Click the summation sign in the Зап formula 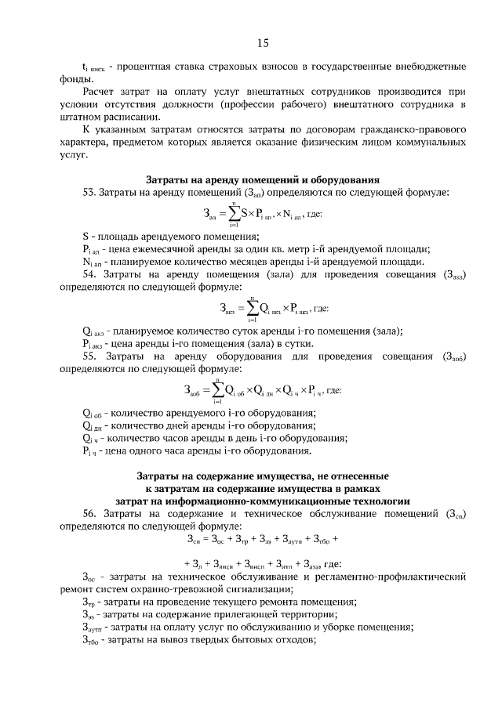tap(233, 213)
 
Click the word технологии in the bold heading tap(374, 500)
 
